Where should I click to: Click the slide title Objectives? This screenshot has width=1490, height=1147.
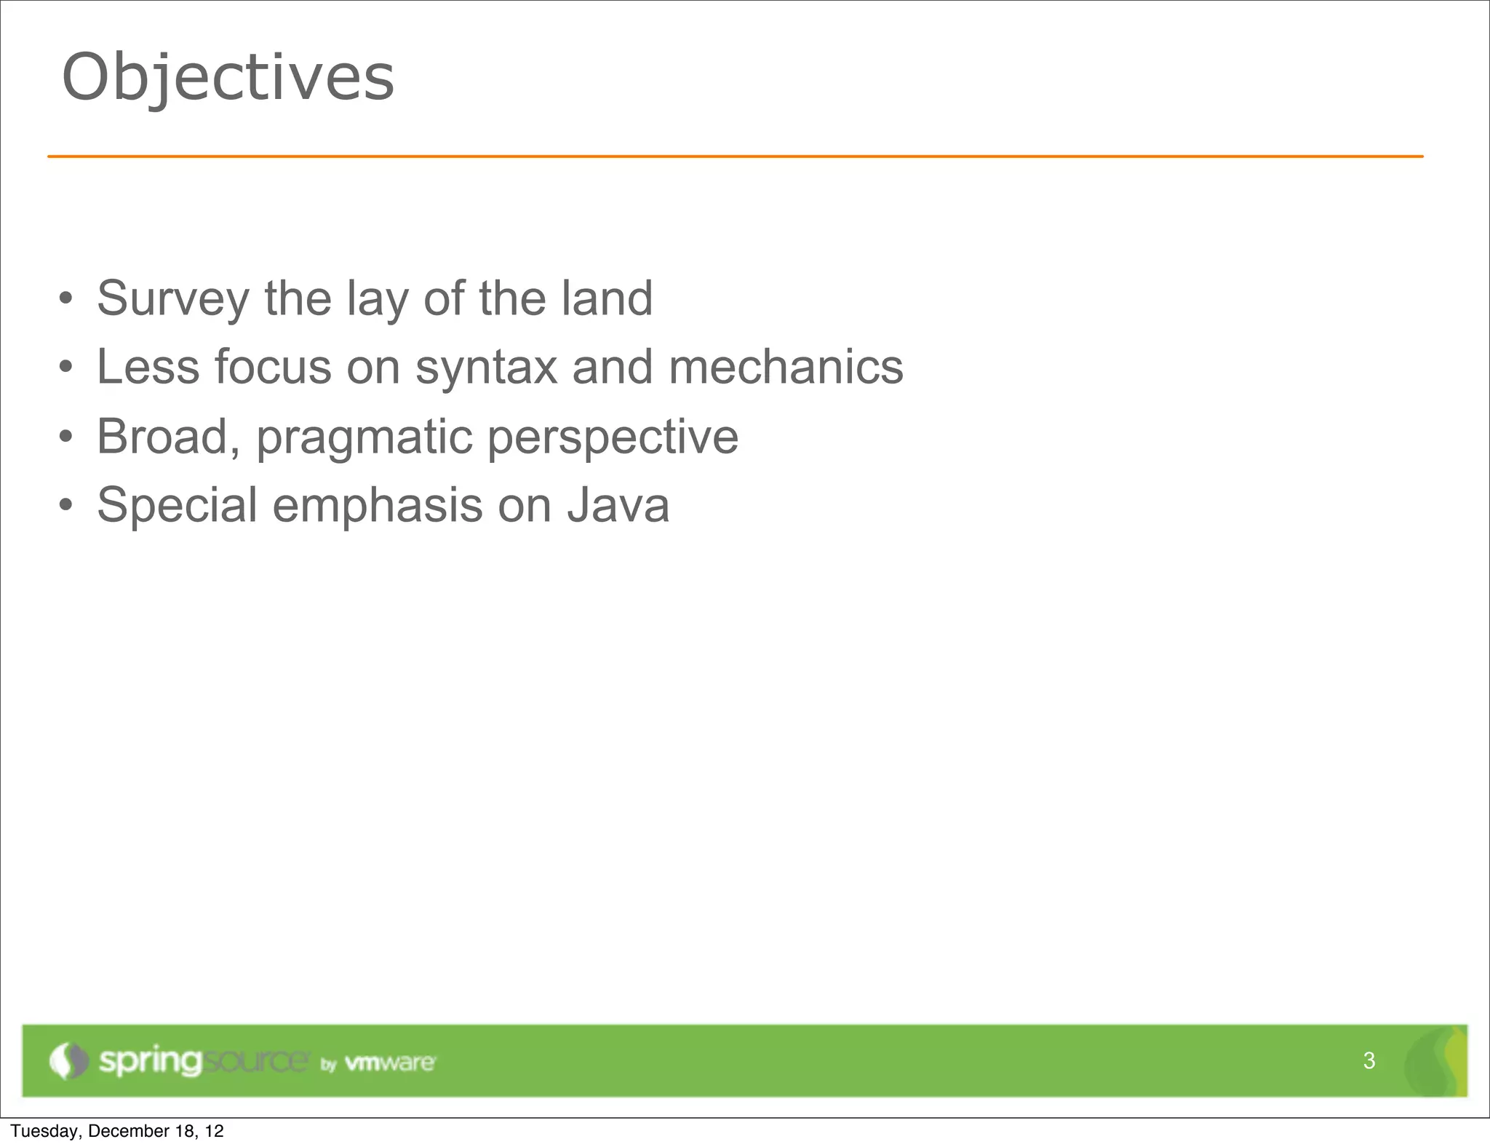coord(228,78)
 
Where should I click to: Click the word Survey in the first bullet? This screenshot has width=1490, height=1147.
coord(173,298)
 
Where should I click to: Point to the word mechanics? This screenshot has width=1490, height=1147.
coord(786,367)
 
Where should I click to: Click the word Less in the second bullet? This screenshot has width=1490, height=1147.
coord(148,367)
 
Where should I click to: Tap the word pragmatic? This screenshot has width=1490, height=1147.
coord(364,437)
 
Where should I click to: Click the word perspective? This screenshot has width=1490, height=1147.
coord(613,437)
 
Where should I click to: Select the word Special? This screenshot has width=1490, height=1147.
coord(177,505)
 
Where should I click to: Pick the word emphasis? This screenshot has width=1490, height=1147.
coord(377,505)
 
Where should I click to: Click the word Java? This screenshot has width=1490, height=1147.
coord(618,505)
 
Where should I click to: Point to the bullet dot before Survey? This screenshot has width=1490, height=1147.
coord(66,298)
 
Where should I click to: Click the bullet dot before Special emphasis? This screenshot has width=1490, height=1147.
coord(66,505)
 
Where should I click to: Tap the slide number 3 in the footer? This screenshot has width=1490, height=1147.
coord(1369,1060)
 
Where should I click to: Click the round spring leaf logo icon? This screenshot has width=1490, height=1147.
coord(68,1060)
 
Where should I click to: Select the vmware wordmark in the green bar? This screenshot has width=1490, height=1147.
coord(390,1063)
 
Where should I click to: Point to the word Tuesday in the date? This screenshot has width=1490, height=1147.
coord(44,1131)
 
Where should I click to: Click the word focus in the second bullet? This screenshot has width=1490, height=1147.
coord(272,367)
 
